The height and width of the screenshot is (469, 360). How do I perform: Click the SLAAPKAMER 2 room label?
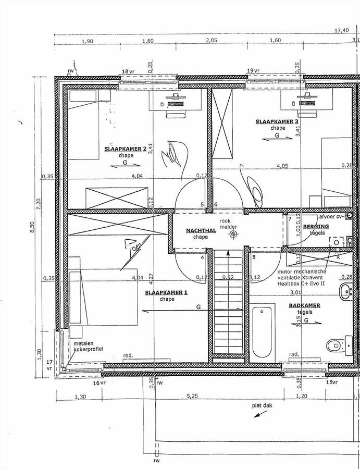pos(125,149)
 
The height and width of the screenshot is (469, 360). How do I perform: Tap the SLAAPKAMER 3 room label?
pos(277,122)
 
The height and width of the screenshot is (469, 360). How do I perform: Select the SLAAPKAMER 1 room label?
pos(167,292)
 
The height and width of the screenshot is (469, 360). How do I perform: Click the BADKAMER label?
pos(304,305)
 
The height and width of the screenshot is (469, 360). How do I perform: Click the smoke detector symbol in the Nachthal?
pos(233,234)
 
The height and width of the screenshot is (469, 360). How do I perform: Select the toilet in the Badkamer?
pos(338,344)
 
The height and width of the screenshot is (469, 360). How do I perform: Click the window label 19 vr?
pos(253,70)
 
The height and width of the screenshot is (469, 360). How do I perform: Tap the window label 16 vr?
pos(99,382)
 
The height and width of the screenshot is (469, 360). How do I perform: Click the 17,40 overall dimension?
pos(341,31)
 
